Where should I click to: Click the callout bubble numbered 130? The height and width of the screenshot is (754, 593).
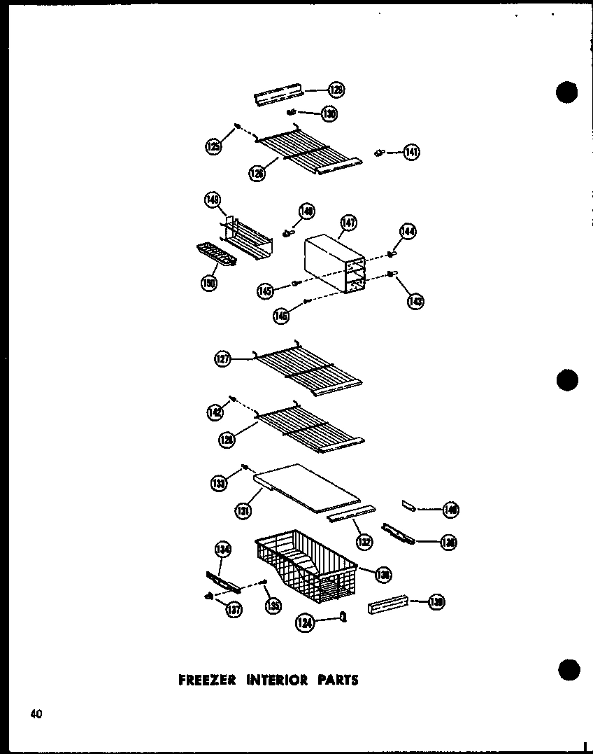click(x=329, y=113)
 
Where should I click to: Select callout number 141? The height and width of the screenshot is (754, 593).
click(x=412, y=152)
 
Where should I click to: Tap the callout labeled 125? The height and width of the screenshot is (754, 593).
click(x=213, y=146)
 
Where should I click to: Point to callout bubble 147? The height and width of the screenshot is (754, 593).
click(x=348, y=223)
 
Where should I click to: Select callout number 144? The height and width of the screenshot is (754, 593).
click(x=408, y=232)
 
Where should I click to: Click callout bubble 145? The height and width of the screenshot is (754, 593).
click(x=265, y=291)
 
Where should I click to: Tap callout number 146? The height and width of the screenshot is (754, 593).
click(x=281, y=316)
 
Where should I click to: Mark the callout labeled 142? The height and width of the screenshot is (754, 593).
click(x=214, y=412)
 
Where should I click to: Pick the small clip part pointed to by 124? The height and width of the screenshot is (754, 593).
click(x=343, y=615)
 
